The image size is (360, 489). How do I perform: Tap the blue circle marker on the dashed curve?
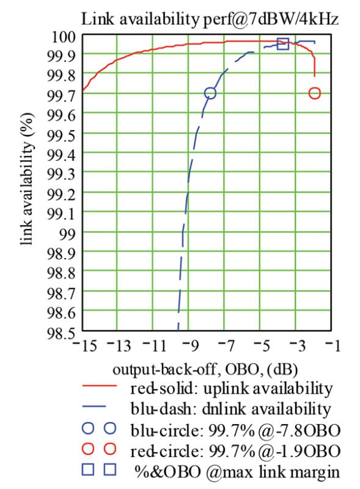(210, 93)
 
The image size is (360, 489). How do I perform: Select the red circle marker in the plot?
(315, 93)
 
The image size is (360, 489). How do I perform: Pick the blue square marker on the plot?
(282, 43)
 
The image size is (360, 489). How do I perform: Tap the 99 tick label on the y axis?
(67, 233)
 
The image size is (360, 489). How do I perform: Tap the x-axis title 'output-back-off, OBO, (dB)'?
(205, 370)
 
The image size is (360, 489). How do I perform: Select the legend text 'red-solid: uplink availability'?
(231, 389)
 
